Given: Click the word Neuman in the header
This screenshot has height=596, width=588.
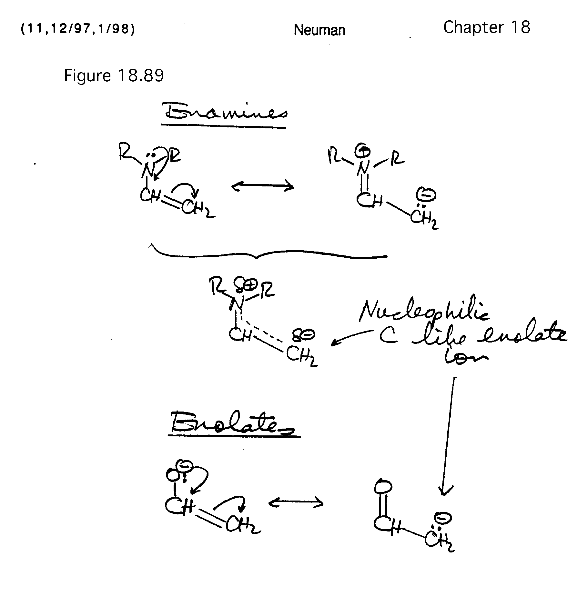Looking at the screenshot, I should point(319,30).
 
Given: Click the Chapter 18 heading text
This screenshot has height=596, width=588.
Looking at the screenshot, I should point(486,27).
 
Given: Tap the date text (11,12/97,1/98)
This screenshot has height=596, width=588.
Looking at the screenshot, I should point(77,29).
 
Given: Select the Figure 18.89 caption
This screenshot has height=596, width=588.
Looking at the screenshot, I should point(114,76).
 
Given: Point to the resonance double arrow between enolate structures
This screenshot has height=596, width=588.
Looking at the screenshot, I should point(296,502).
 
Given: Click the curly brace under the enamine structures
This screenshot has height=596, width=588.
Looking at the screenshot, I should point(268,255).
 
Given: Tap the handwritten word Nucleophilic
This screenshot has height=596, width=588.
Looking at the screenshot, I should point(424,311).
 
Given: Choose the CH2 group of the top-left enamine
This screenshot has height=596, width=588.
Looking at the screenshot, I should point(197,209).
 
